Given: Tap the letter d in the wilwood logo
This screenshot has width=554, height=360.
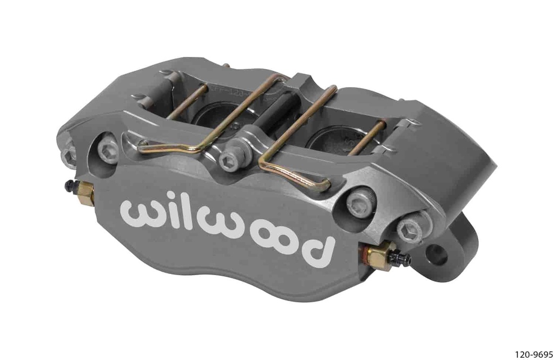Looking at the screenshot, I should (x=313, y=248).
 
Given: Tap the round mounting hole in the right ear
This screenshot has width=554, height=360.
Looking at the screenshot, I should (x=437, y=254).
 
